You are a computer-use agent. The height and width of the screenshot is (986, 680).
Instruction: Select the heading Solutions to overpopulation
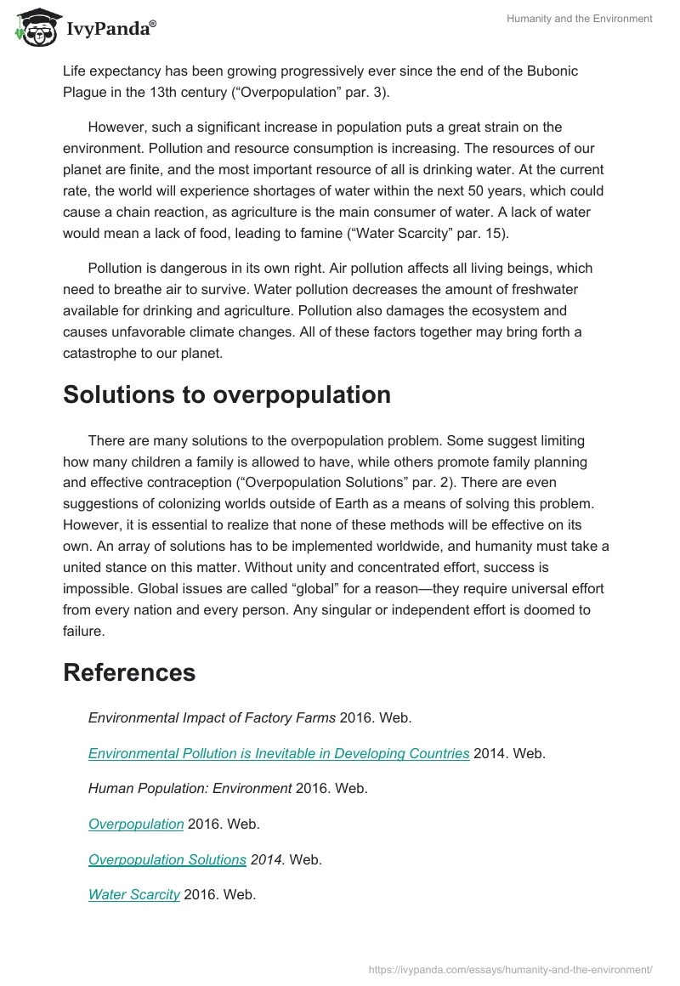pos(227,395)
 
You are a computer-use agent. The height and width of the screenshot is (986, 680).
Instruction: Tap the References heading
pos(129,672)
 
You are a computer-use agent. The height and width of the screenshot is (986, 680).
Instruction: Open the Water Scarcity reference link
pos(133,894)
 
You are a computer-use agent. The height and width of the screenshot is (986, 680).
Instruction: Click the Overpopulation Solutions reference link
pos(167,859)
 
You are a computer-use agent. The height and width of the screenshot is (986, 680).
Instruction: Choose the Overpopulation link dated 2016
pos(136,824)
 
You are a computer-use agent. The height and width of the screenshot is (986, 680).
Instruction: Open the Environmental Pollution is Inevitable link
pos(279,753)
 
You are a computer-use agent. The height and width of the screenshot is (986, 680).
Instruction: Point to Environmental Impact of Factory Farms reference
pos(212,717)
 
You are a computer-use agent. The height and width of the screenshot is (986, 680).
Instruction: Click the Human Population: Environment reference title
pos(190,788)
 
